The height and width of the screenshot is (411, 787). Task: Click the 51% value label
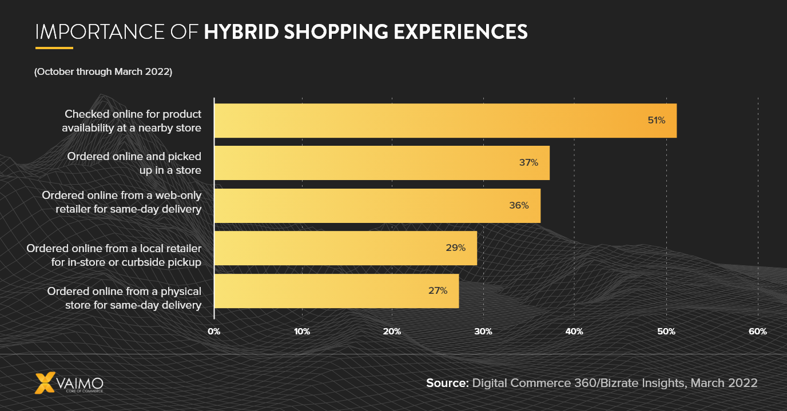click(x=656, y=121)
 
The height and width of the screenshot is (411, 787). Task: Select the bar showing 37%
click(x=381, y=163)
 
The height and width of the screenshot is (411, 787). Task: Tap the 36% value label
click(x=519, y=205)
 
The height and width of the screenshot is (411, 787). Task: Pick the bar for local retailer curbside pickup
click(x=345, y=248)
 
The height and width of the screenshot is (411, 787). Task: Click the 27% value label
click(x=438, y=290)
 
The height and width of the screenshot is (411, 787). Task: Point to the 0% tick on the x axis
click(x=214, y=332)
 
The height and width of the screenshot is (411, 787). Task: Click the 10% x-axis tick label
click(x=301, y=332)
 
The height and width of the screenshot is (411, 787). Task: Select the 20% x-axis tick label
click(x=392, y=332)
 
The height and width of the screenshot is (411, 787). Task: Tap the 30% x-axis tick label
click(x=483, y=332)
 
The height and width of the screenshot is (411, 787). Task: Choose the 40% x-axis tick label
click(x=574, y=332)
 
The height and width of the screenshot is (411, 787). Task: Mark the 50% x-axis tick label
click(x=666, y=332)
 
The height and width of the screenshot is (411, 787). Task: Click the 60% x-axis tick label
click(x=757, y=332)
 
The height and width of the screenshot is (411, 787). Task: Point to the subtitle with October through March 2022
click(x=103, y=72)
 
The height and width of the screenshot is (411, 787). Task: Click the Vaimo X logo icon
click(x=46, y=384)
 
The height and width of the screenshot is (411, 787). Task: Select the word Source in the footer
click(x=447, y=383)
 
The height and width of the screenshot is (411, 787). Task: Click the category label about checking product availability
click(x=132, y=121)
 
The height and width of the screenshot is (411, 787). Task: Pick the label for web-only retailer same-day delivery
click(x=121, y=202)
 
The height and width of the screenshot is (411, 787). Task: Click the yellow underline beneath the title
click(x=54, y=48)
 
